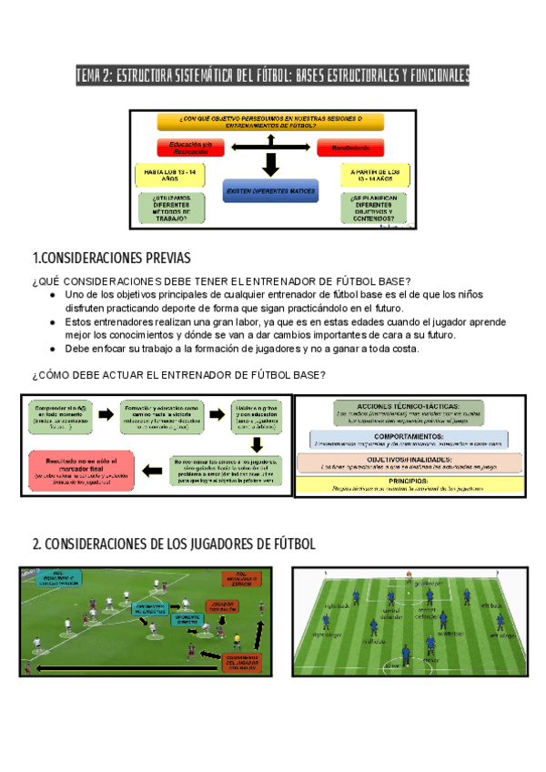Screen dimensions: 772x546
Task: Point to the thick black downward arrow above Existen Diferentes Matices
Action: [269, 165]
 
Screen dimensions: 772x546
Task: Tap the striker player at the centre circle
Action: [406, 652]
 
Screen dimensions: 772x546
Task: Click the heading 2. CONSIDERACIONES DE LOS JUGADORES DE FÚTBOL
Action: [174, 544]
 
